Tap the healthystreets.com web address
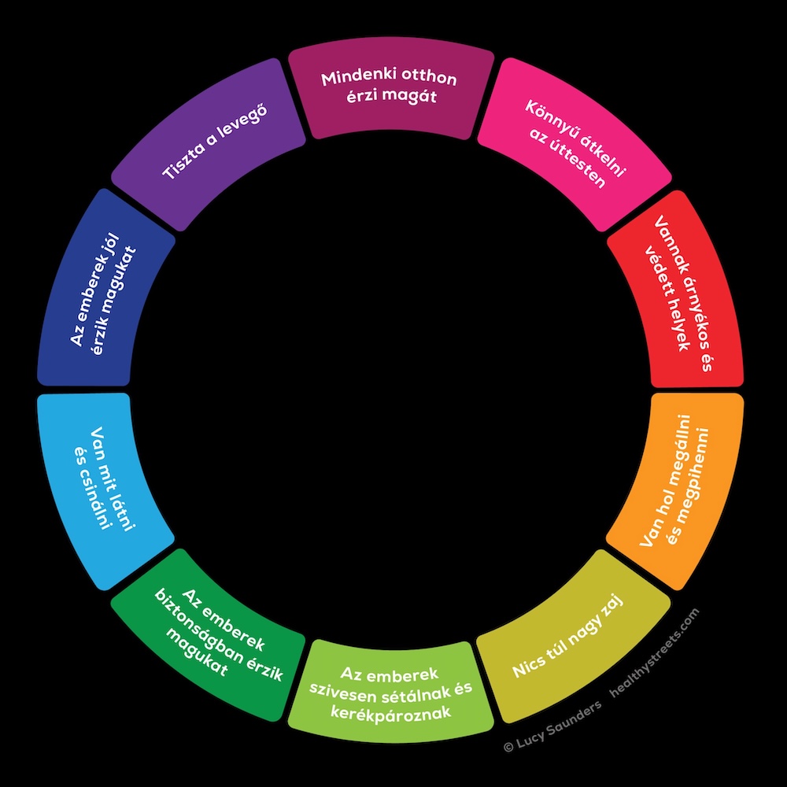coord(655,652)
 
